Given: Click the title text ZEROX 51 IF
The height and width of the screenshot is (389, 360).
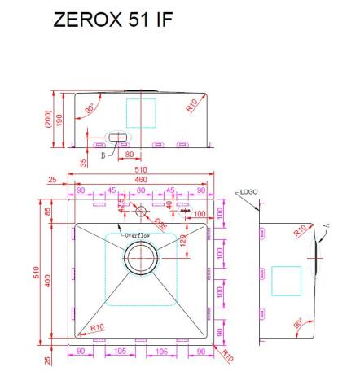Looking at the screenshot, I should pyautogui.click(x=112, y=20).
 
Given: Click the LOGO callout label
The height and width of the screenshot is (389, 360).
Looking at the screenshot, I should pyautogui.click(x=249, y=192).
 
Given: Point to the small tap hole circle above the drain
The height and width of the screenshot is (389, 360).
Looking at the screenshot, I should pyautogui.click(x=140, y=212).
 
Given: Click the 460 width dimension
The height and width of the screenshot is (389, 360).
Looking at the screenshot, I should pyautogui.click(x=140, y=179).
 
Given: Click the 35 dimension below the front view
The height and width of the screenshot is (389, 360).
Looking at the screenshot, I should pyautogui.click(x=84, y=163).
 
